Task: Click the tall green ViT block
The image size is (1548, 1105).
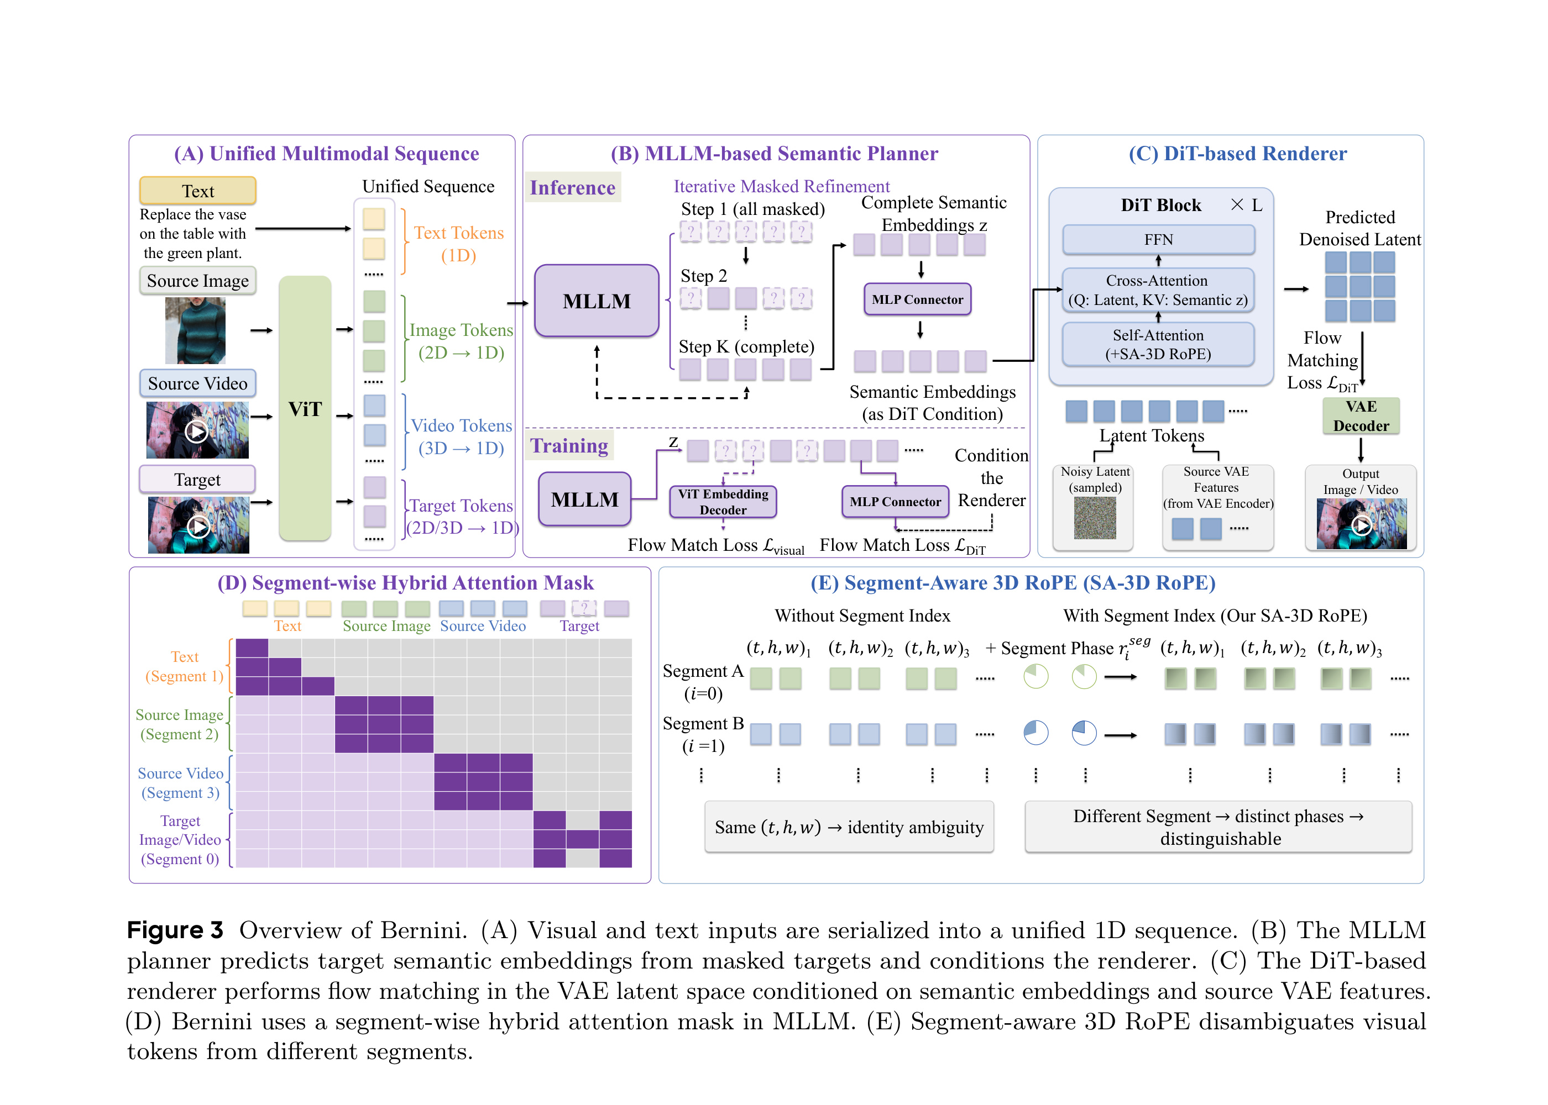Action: [x=305, y=408]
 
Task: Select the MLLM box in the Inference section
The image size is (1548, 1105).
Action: [x=597, y=301]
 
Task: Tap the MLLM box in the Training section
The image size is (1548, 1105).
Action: [x=585, y=499]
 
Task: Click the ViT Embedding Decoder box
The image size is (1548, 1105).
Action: [x=723, y=502]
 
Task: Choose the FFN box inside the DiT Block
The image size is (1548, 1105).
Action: [x=1159, y=239]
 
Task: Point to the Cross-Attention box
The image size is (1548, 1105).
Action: [x=1159, y=290]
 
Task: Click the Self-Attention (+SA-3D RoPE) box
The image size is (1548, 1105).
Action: [x=1159, y=344]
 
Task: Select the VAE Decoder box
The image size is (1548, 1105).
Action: [x=1361, y=415]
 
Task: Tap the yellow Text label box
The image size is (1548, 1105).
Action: [x=198, y=191]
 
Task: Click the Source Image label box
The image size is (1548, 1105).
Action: [x=198, y=280]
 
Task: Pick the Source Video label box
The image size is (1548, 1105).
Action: [x=198, y=383]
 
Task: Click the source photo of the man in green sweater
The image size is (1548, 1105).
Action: [x=195, y=331]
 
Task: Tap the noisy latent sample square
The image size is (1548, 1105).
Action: [x=1095, y=518]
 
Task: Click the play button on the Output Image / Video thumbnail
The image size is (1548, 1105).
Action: [x=1362, y=525]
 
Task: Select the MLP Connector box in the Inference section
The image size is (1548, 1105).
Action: [x=918, y=299]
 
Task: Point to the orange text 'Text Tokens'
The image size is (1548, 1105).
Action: [x=459, y=233]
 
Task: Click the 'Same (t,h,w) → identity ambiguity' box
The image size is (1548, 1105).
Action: [x=849, y=827]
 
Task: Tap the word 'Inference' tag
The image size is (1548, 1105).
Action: [x=573, y=187]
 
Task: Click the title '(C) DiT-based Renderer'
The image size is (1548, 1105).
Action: [x=1238, y=154]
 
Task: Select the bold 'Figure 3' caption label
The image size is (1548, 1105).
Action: [x=175, y=930]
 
